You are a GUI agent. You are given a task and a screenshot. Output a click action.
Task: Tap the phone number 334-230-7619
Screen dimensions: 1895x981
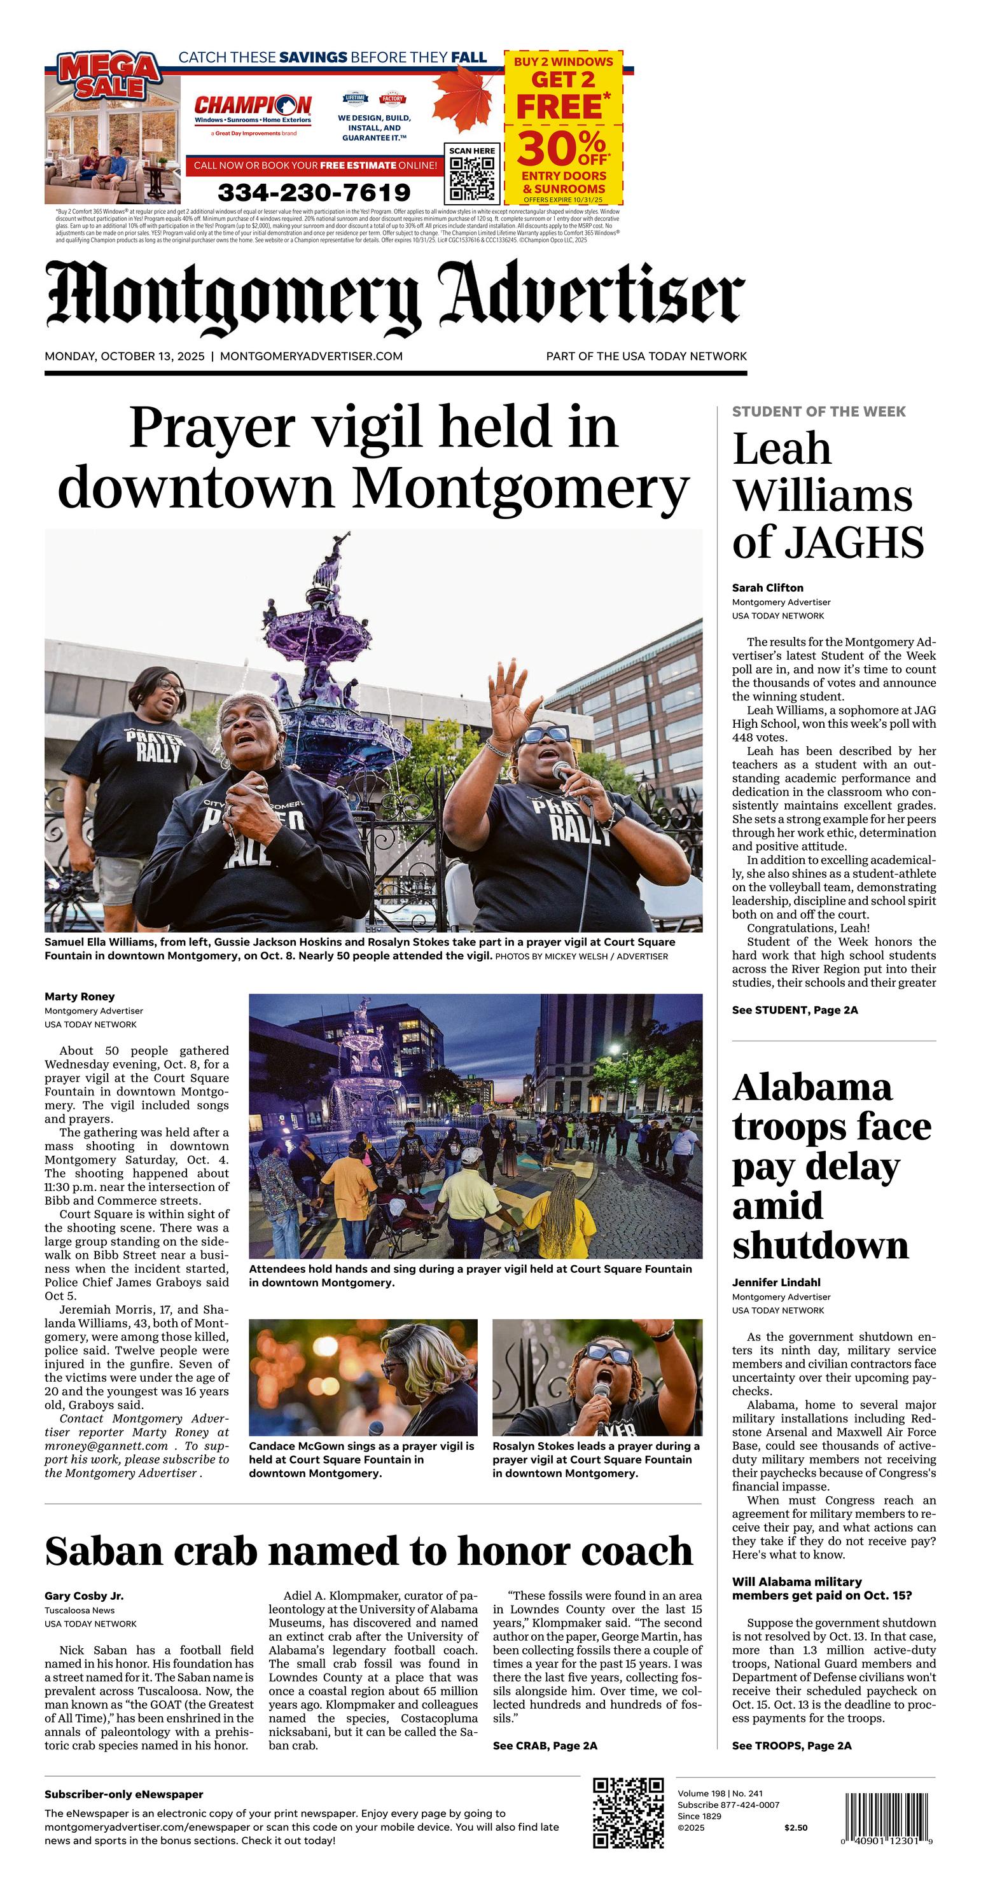click(x=314, y=193)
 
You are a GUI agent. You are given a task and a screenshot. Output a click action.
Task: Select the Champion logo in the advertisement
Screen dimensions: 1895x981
click(x=253, y=109)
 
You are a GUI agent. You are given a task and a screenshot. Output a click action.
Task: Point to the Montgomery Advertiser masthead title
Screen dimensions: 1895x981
click(x=395, y=296)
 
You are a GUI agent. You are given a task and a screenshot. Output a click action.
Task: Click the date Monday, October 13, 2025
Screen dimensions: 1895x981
click(x=124, y=357)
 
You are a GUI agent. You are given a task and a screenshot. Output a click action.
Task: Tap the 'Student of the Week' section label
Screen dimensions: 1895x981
click(x=818, y=412)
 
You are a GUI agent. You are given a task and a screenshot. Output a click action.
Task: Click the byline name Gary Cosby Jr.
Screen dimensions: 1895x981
click(x=84, y=1595)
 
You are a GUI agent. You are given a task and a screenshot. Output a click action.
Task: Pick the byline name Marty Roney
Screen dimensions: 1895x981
click(x=80, y=997)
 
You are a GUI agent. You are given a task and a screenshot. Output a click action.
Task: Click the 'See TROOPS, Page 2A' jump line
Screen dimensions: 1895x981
click(x=791, y=1746)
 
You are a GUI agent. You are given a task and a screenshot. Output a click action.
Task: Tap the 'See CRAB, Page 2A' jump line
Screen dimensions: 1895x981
click(x=545, y=1746)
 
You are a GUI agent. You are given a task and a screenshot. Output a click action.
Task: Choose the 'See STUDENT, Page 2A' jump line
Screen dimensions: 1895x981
click(x=795, y=1010)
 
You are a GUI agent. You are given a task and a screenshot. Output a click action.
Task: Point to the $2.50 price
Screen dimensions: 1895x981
click(x=795, y=1828)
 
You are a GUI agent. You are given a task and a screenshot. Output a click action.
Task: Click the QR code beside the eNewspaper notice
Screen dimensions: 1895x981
click(x=629, y=1812)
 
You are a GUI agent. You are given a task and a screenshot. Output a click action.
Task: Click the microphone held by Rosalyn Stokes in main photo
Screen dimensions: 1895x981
click(x=564, y=772)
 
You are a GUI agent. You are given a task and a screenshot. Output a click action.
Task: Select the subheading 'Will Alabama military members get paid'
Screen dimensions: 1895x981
click(x=821, y=1588)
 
